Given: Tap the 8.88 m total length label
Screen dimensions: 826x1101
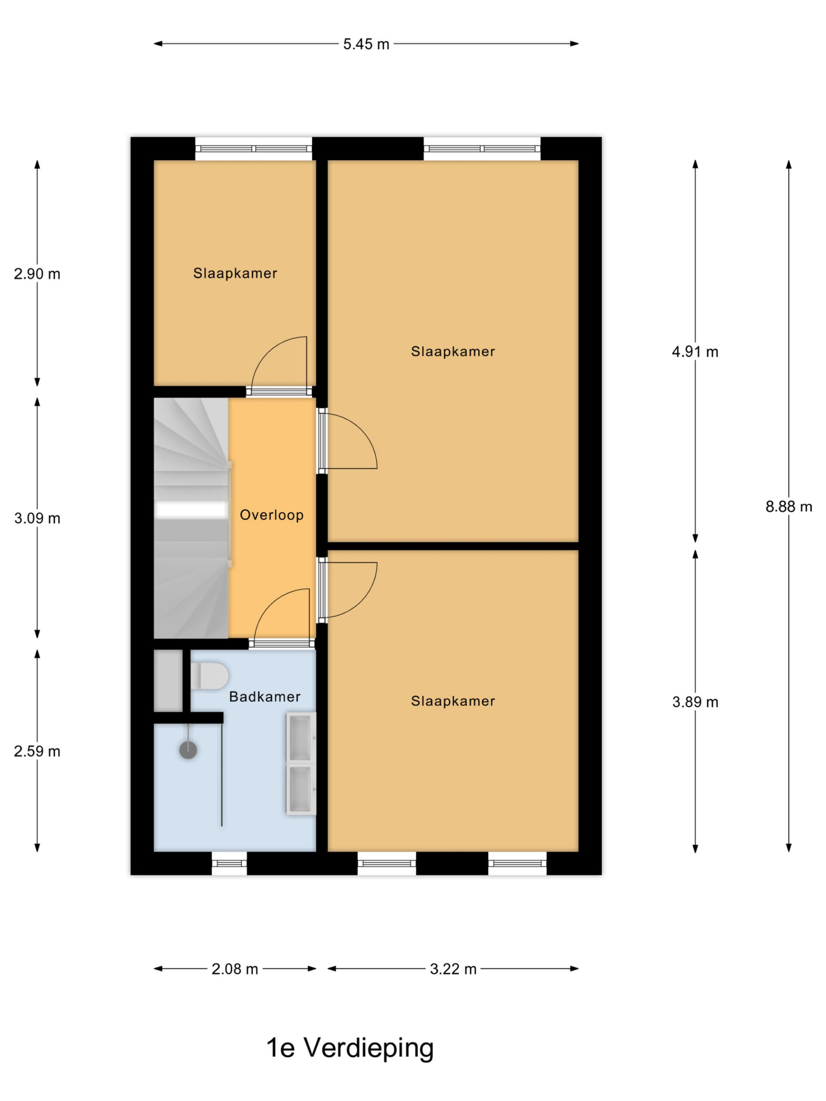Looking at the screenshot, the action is pyautogui.click(x=788, y=507).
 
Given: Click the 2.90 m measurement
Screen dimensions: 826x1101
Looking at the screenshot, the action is pyautogui.click(x=37, y=274).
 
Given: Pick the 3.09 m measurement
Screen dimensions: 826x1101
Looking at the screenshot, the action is pyautogui.click(x=37, y=518).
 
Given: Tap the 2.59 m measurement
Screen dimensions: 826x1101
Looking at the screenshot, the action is pyautogui.click(x=37, y=751).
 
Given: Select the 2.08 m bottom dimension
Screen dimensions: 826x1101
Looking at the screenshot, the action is pyautogui.click(x=234, y=969).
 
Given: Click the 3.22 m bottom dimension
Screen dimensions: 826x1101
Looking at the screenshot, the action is pyautogui.click(x=453, y=969).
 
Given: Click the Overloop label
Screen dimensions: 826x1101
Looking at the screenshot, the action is pyautogui.click(x=271, y=515).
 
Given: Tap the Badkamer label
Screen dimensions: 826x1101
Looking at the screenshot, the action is pyautogui.click(x=265, y=696).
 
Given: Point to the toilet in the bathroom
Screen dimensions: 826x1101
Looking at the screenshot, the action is pyautogui.click(x=209, y=676).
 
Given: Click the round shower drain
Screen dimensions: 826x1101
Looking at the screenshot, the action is pyautogui.click(x=188, y=750).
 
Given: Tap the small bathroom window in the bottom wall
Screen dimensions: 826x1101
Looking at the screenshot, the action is pyautogui.click(x=229, y=863).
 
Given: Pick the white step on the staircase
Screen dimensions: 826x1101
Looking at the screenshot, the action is pyautogui.click(x=190, y=509).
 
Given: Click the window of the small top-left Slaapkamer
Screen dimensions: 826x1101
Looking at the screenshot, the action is pyautogui.click(x=253, y=148).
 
